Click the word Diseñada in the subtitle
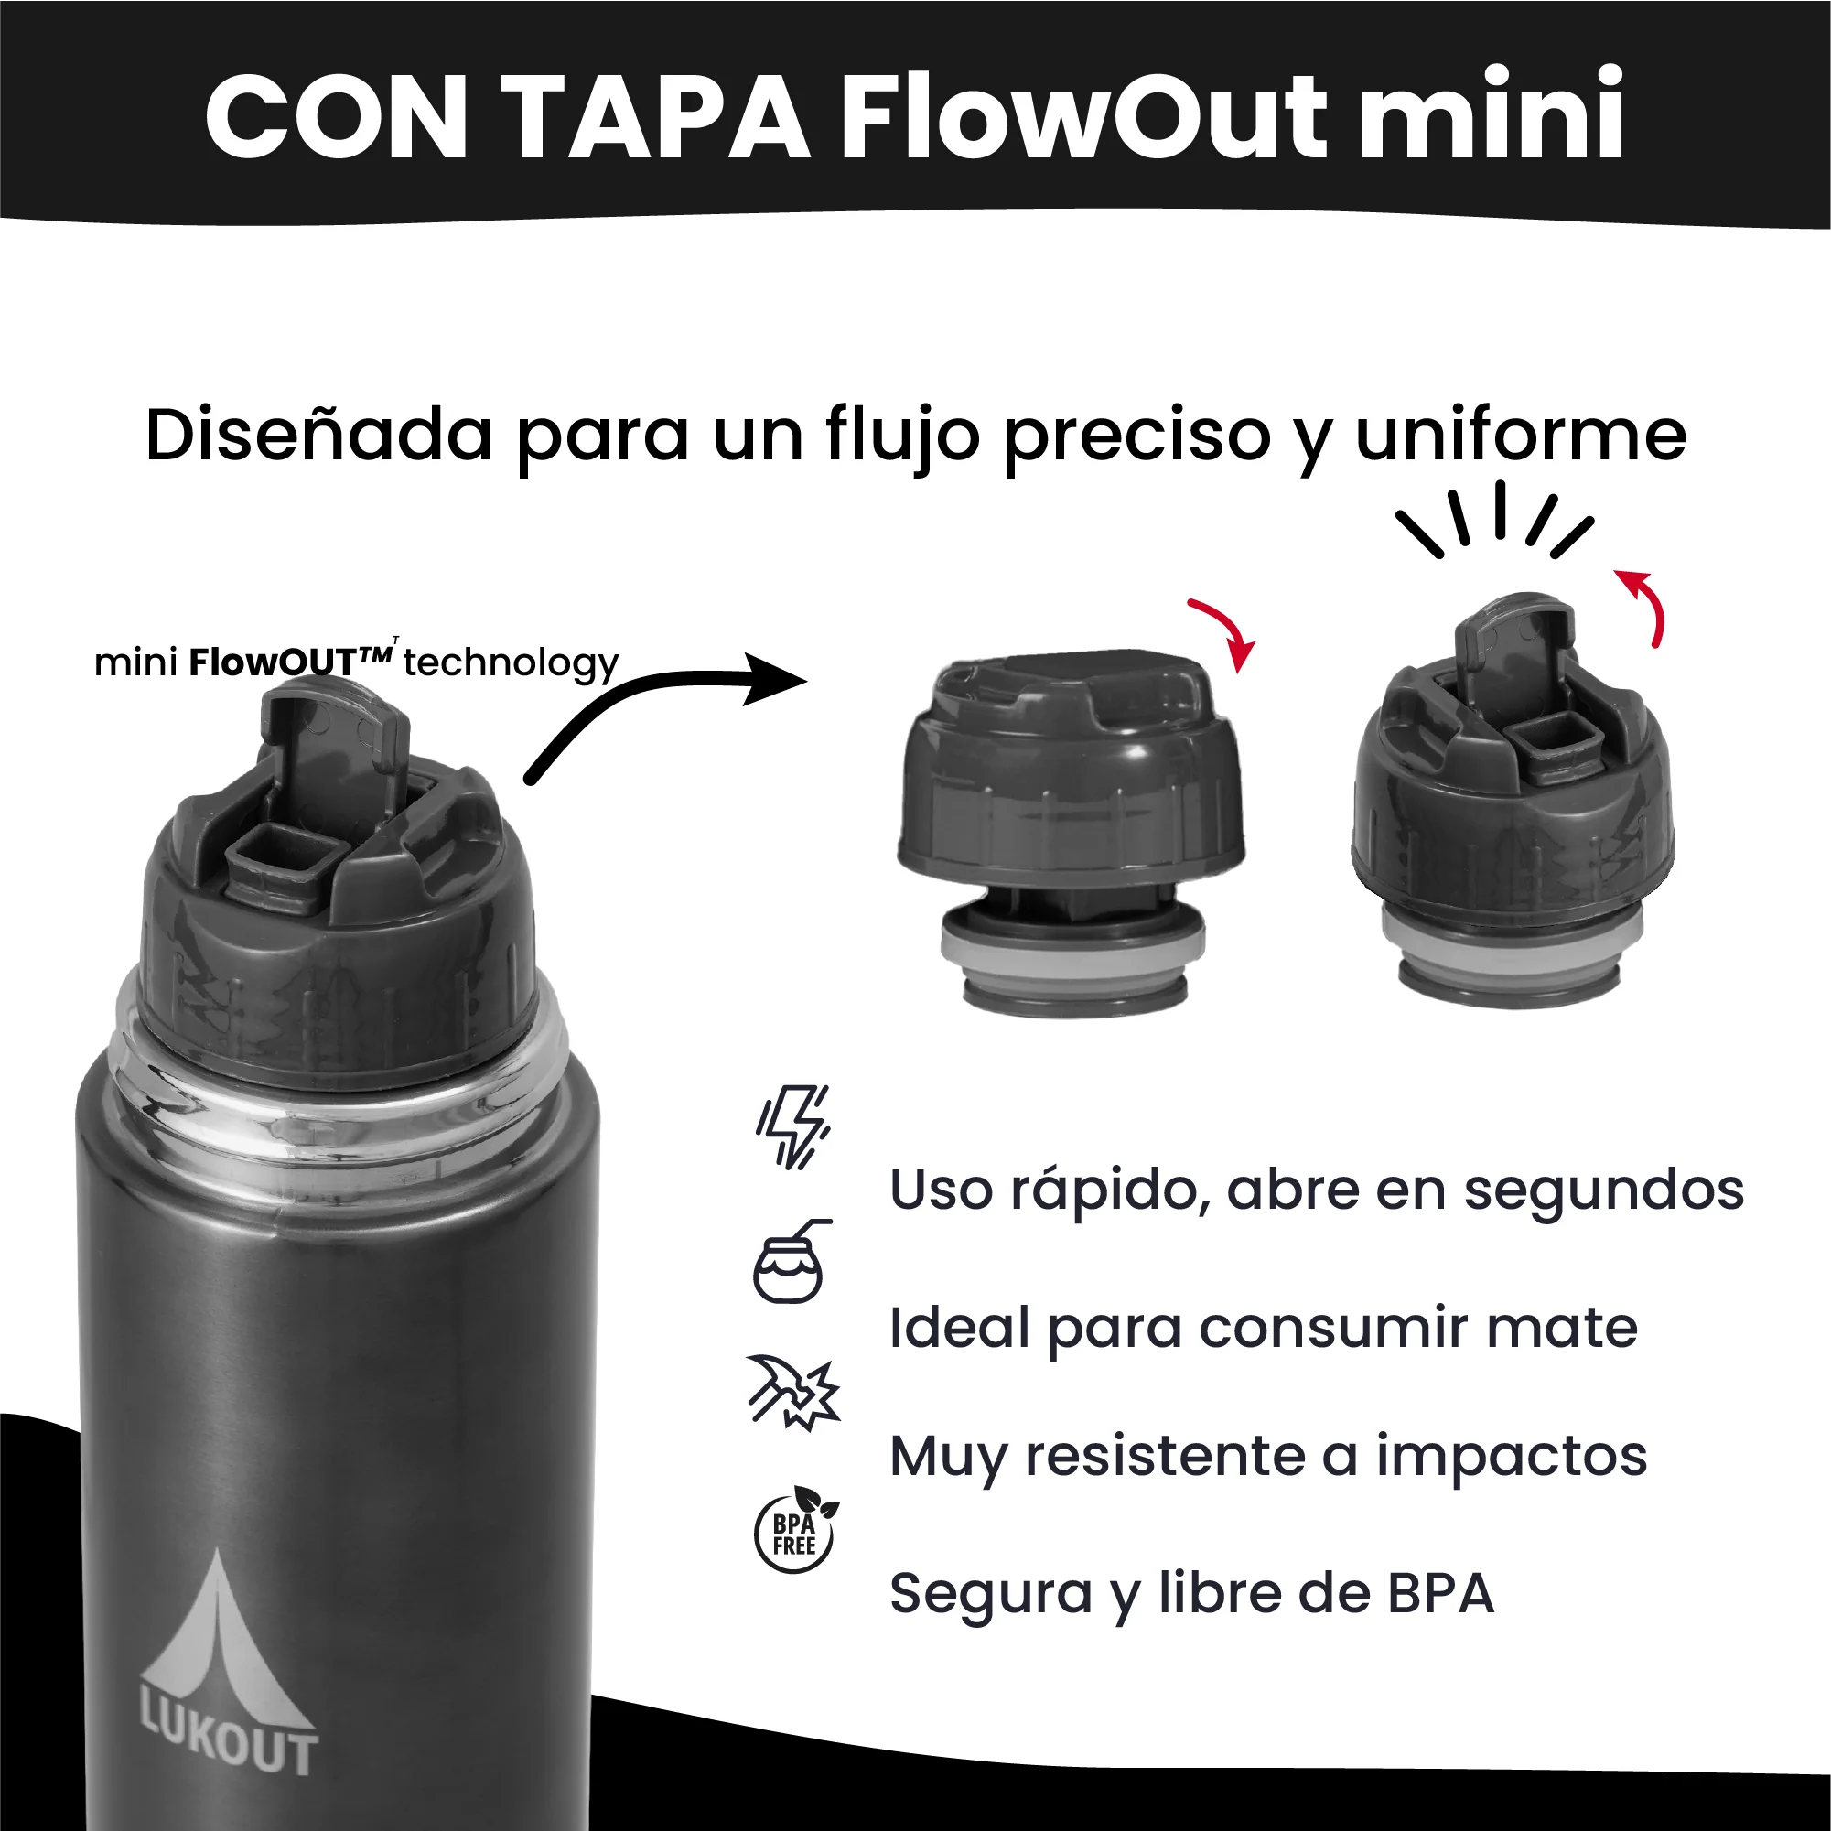tap(318, 436)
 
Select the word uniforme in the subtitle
tap(1520, 436)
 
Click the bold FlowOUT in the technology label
tap(289, 662)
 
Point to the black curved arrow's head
tap(777, 679)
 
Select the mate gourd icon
tap(790, 1264)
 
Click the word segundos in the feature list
tap(1603, 1190)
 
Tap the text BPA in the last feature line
tap(1440, 1594)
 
